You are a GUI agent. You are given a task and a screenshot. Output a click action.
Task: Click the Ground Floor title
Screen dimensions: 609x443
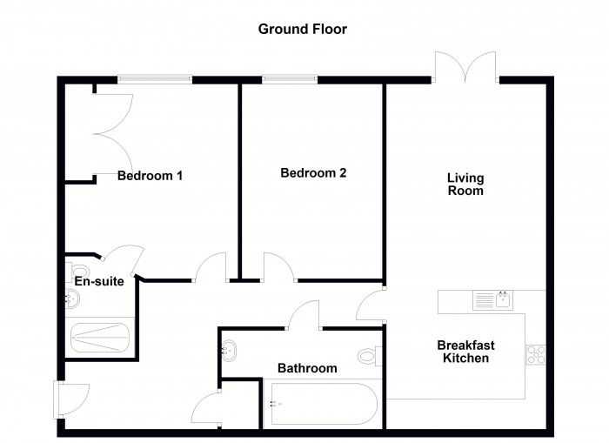[302, 29]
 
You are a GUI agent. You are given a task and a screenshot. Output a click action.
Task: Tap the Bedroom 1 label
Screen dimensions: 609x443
[150, 176]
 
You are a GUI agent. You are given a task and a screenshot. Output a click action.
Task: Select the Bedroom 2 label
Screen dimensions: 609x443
[313, 173]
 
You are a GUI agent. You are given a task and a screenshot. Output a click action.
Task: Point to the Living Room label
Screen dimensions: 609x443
[465, 185]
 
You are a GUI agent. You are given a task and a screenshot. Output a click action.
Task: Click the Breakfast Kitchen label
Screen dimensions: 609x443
[465, 352]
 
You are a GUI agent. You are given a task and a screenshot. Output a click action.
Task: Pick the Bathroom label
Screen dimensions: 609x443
[307, 368]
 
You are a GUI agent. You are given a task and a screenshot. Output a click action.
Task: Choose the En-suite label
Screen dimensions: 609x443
[99, 281]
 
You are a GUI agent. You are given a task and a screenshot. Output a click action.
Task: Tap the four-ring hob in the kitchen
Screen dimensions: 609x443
[536, 355]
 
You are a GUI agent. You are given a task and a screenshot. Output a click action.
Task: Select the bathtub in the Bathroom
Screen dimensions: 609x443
[324, 404]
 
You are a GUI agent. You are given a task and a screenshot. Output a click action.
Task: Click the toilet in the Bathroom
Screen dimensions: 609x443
[370, 356]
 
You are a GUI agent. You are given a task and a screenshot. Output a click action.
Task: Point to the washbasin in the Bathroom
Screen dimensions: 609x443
[228, 349]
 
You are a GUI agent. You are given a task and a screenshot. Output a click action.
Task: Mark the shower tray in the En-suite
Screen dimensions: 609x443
[100, 337]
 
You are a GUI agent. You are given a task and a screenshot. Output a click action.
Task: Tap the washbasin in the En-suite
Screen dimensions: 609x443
[72, 299]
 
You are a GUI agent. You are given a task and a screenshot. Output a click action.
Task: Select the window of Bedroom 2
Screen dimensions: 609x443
[290, 80]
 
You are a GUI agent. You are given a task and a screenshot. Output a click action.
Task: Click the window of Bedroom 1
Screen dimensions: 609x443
[155, 80]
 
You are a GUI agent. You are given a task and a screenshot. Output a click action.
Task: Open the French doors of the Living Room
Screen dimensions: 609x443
[465, 68]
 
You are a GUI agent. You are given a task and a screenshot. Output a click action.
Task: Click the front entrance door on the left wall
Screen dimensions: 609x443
[71, 399]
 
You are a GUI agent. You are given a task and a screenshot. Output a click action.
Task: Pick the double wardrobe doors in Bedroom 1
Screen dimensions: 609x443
[112, 134]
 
